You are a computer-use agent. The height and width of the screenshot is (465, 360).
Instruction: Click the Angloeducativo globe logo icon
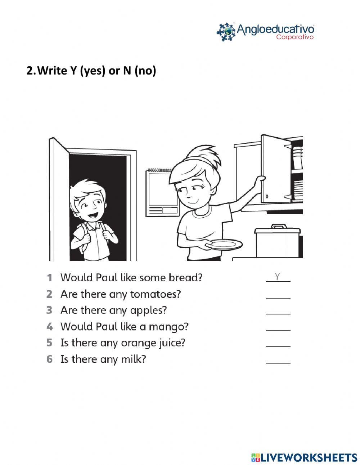click(x=226, y=32)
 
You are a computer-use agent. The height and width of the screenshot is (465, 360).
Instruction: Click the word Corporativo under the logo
click(x=294, y=37)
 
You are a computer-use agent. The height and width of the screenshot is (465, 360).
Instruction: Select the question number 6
click(x=50, y=359)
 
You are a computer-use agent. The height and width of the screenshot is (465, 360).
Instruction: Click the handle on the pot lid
click(x=278, y=227)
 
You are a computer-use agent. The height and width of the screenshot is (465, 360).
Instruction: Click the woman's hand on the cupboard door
click(x=260, y=180)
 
